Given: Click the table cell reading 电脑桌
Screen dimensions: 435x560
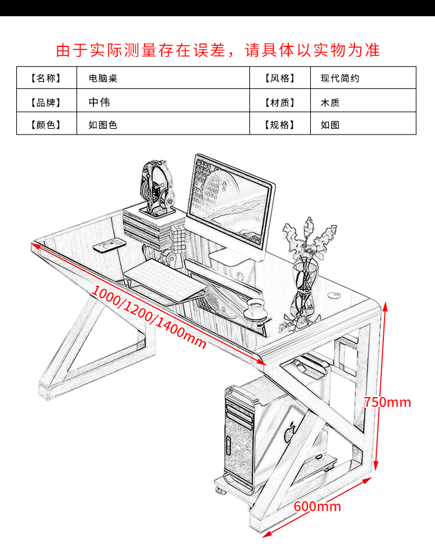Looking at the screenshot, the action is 103,78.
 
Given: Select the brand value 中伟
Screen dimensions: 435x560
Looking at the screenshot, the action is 99,103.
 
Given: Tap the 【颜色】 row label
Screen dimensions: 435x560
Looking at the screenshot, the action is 46,125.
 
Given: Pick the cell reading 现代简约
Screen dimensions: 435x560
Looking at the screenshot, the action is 340,78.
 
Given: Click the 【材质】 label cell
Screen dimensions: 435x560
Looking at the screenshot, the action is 280,103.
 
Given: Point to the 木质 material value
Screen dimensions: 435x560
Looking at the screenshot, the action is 330,103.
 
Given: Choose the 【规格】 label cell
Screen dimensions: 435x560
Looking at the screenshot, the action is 280,125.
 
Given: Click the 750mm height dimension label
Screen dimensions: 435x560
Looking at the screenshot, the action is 387,402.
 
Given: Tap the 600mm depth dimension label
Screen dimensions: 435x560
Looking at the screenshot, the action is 317,506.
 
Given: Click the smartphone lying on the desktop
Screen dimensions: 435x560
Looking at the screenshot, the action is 109,245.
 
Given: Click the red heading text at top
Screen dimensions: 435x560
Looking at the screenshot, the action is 217,50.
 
